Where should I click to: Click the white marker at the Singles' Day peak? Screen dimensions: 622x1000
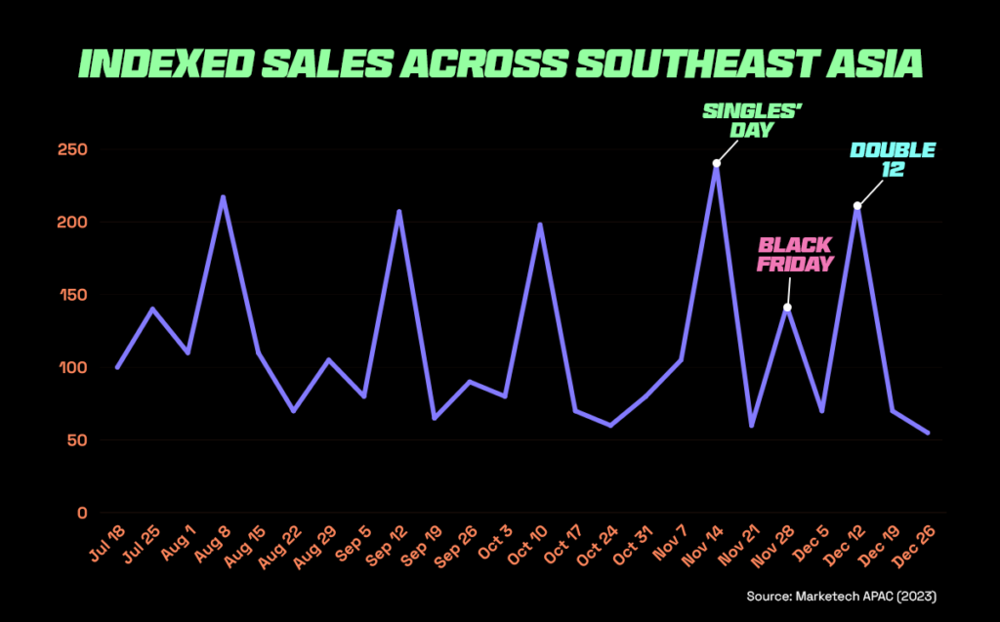click(717, 163)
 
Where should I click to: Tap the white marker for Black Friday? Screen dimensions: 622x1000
click(787, 308)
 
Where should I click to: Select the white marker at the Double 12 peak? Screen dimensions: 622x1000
click(857, 206)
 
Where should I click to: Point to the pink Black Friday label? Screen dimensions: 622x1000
click(796, 254)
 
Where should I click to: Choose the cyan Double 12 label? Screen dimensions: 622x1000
click(892, 158)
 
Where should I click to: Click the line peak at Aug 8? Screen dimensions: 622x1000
click(223, 197)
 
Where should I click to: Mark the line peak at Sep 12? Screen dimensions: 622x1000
click(398, 211)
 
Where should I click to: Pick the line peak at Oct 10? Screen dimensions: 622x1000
click(540, 225)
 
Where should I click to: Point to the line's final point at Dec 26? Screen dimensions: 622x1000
click(928, 433)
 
